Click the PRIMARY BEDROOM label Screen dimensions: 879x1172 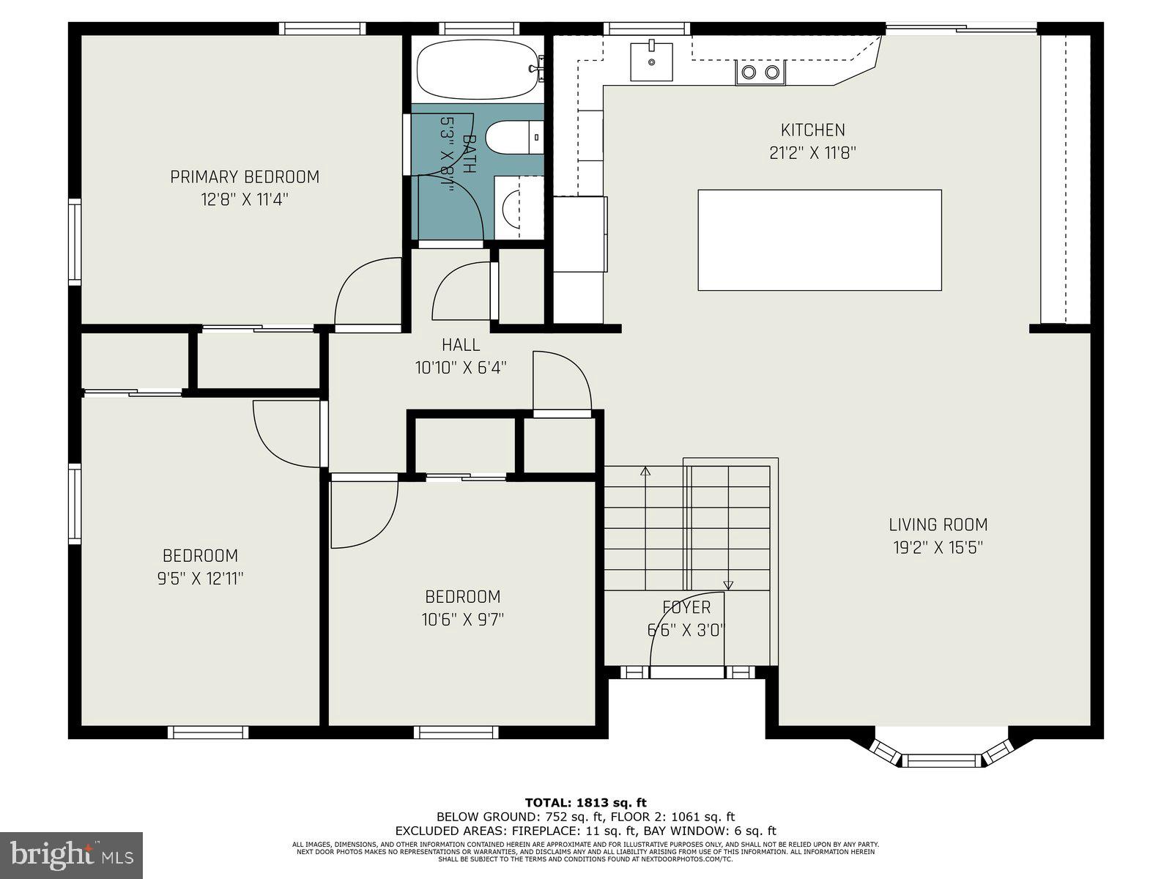245,177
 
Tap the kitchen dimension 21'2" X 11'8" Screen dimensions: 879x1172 812,153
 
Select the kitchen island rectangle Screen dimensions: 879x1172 819,240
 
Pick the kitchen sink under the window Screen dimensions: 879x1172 651,62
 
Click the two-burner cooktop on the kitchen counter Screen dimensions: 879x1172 760,72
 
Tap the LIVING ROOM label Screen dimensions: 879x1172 938,524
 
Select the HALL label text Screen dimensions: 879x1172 461,345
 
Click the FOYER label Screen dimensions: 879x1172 686,607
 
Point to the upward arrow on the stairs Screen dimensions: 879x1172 645,472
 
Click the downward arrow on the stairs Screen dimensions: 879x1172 728,584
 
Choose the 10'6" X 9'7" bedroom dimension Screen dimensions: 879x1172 462,620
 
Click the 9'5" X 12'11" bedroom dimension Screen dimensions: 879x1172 200,579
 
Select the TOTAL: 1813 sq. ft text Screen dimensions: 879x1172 585,803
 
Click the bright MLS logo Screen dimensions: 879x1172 71,855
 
